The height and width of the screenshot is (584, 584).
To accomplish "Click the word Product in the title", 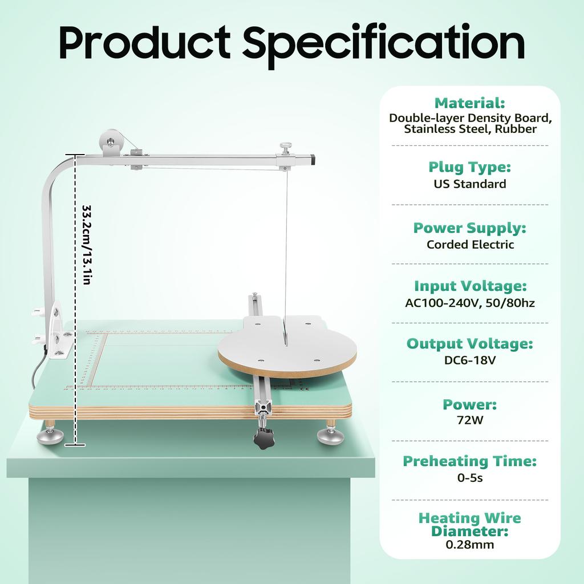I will click(x=145, y=43).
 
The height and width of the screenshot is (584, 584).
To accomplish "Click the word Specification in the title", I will click(x=383, y=43).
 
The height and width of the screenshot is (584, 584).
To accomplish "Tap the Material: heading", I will click(x=469, y=103).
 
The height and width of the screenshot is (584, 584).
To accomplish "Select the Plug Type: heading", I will click(x=469, y=167).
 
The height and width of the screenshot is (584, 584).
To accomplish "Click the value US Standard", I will click(x=469, y=184).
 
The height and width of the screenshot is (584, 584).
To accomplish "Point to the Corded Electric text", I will click(x=470, y=244).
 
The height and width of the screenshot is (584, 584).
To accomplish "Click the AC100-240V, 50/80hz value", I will click(x=470, y=303).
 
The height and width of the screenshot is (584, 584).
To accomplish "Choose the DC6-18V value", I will click(x=470, y=360).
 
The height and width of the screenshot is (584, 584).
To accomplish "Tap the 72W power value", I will click(x=470, y=421).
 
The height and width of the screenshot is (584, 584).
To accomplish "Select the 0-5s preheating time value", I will click(x=470, y=478).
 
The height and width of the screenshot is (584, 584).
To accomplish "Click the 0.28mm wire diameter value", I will click(x=470, y=545).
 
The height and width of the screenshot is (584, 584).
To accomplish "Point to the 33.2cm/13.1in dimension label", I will click(x=87, y=245).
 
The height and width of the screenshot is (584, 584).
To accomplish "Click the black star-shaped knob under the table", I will click(x=264, y=439).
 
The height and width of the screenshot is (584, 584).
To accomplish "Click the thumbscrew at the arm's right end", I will click(x=285, y=149).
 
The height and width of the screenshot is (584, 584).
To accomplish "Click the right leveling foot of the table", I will click(x=331, y=435).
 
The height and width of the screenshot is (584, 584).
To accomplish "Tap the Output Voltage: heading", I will click(x=470, y=344).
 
